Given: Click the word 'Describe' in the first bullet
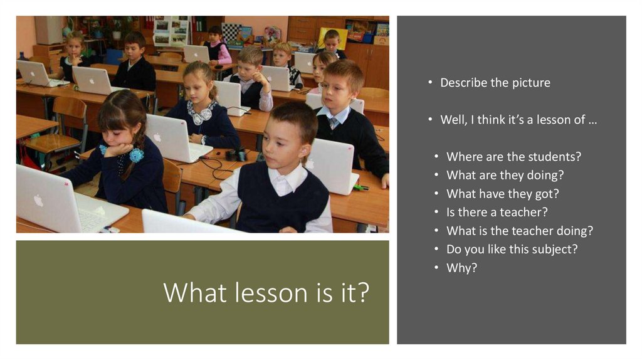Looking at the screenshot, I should point(464,83).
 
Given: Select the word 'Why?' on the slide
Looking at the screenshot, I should point(461,268).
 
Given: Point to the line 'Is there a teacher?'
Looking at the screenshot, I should point(497,213).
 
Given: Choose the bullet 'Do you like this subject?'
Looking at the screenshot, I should point(512,249).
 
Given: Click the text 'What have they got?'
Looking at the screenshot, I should point(502,194).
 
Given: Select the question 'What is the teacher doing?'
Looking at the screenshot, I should point(519,231).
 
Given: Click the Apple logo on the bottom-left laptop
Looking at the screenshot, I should point(38,200).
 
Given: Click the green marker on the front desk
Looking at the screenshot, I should point(360,187).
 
